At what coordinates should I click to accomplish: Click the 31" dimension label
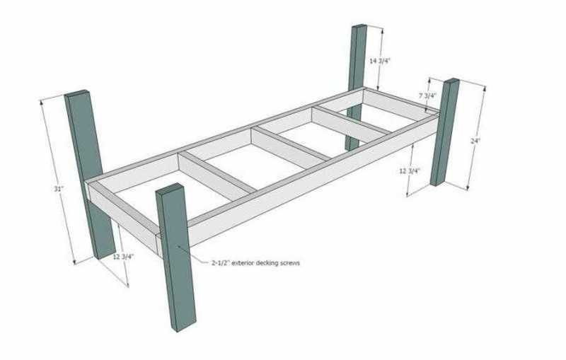pos(59,189)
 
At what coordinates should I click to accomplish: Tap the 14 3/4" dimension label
pos(379,61)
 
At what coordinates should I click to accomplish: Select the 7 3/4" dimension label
pos(427,95)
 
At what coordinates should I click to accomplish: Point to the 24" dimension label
pos(475,141)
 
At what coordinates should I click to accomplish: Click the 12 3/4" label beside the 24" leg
pos(410,171)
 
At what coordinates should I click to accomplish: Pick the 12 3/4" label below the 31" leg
pos(123,257)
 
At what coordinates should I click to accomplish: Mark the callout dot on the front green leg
pos(178,247)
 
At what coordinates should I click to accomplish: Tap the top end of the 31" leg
pos(77,93)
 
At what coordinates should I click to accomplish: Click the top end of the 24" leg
pos(451,81)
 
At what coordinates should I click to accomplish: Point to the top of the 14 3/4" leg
pos(359,26)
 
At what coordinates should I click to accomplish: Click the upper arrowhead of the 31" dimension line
pos(42,101)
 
